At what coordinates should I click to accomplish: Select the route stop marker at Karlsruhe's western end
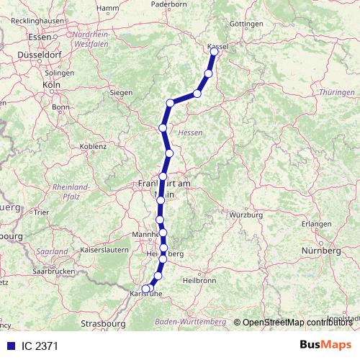pos(145,289)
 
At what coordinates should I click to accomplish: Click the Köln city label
pos(50,84)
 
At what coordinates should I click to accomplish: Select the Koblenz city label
pos(93,146)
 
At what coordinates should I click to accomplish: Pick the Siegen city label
pos(121,93)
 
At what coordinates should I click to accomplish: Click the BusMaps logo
pos(326,346)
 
